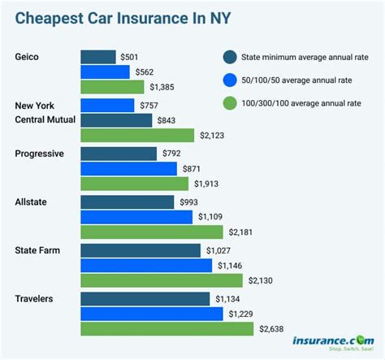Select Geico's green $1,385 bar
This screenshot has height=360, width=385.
(112, 86)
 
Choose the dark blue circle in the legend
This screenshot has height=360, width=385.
(230, 57)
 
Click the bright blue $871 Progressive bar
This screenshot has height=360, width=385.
(128, 168)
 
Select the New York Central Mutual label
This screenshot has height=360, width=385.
(50, 113)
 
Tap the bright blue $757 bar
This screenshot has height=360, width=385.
(107, 105)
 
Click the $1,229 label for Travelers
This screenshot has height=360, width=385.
(239, 314)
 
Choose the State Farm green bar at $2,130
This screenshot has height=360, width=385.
(161, 280)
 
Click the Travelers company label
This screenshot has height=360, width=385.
(35, 299)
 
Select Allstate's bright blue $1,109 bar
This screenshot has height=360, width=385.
(136, 216)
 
